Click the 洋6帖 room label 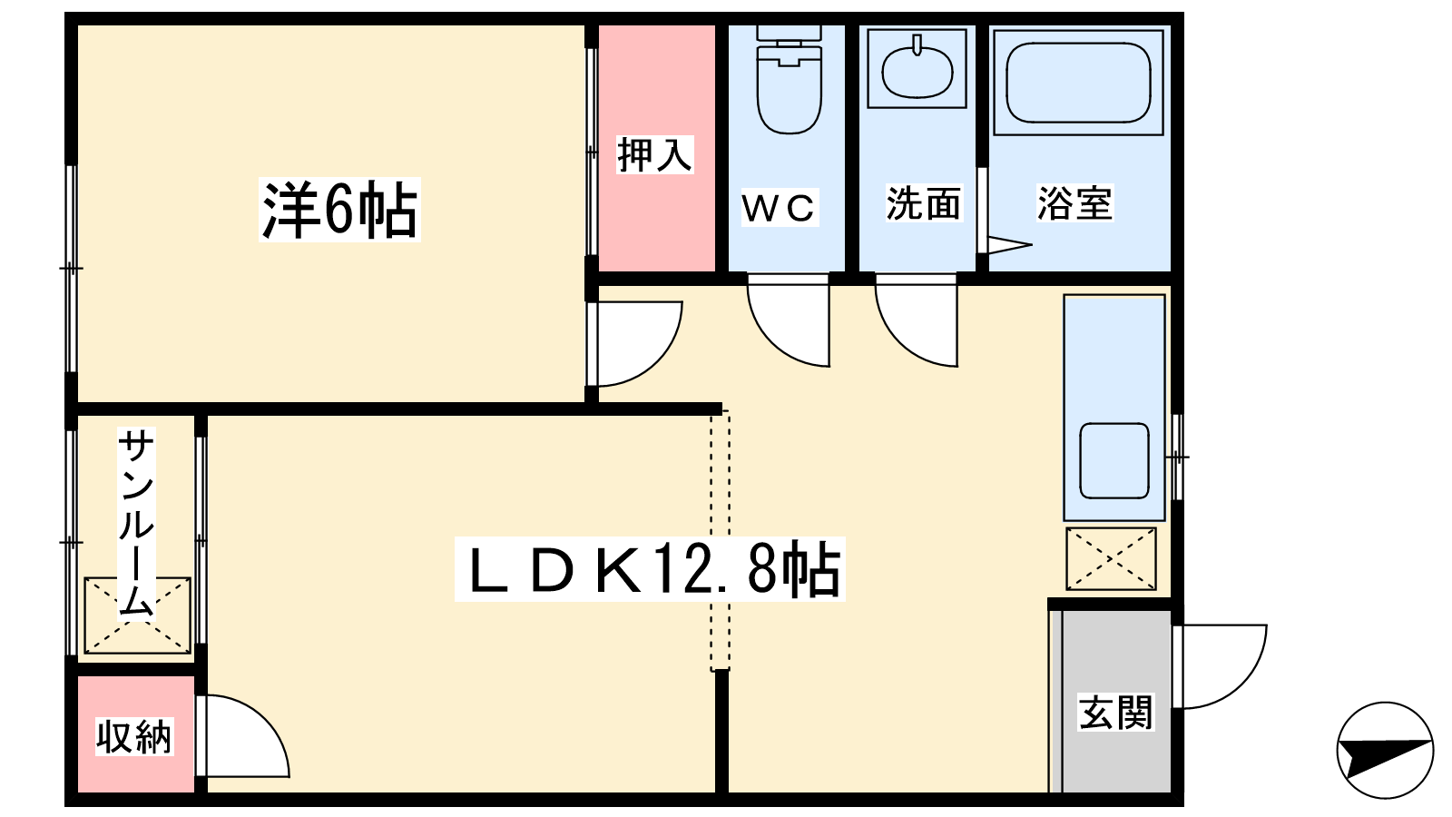point(339,210)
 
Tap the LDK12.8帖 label point(650,569)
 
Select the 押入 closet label point(654,154)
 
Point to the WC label point(780,208)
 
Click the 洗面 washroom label point(924,203)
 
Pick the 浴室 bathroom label point(1074,203)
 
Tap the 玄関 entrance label point(1115,712)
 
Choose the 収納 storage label point(134,736)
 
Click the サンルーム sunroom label point(136,523)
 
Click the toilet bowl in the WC point(790,80)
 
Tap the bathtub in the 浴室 point(1079,83)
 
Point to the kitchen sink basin point(1114,461)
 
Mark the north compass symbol point(1385,750)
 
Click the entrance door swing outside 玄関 point(1220,666)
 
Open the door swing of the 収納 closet point(243,736)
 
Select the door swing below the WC point(789,320)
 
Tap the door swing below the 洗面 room point(917,320)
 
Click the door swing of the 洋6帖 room point(634,344)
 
